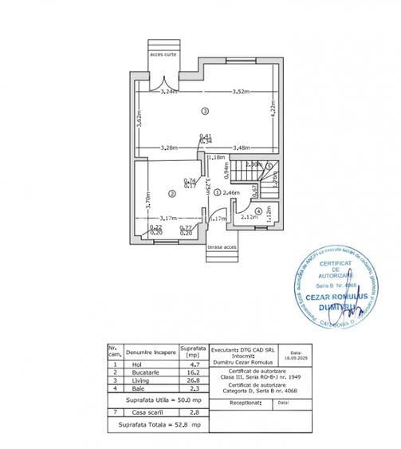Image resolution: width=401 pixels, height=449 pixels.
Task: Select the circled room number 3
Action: pos(205,110)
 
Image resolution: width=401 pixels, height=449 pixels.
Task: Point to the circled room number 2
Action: pos(171,193)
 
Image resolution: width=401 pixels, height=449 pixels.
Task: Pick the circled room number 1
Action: pos(218,193)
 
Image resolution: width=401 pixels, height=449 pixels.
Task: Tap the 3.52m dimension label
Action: pos(232,92)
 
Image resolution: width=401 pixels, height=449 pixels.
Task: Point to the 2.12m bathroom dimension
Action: pos(250,218)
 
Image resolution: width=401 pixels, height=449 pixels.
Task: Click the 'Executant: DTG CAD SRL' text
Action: pos(243,349)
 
